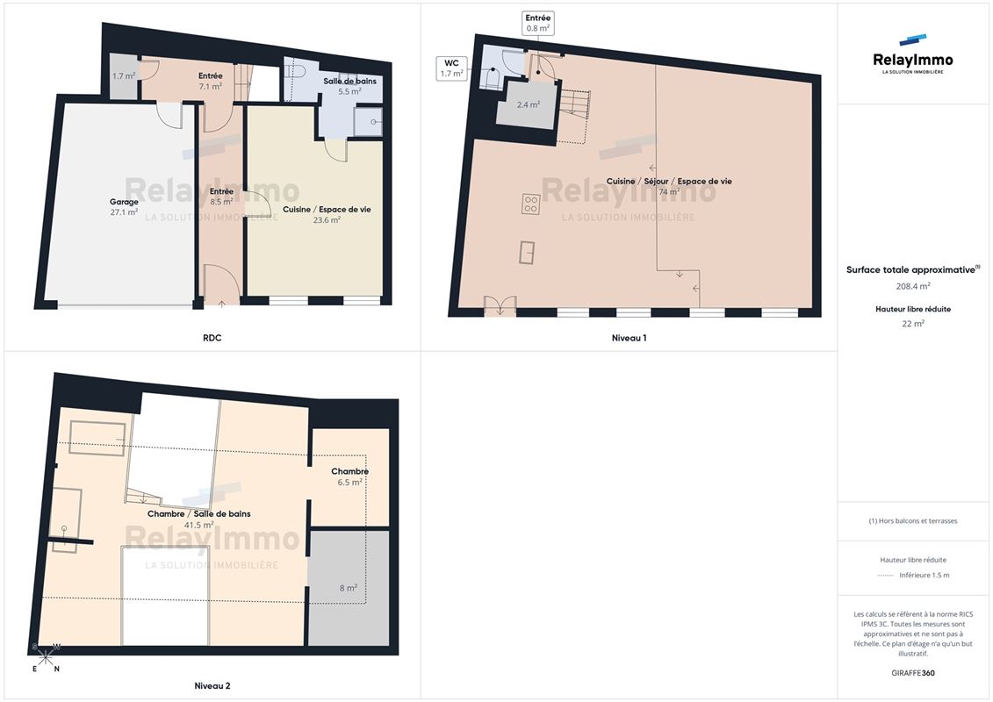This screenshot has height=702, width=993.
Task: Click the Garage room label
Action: pos(124,202)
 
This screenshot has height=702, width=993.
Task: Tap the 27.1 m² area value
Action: pos(124,212)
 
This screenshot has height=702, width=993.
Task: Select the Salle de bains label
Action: pos(349,81)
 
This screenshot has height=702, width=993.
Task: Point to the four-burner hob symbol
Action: pos(530,204)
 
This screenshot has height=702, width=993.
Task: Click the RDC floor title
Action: pos(212,338)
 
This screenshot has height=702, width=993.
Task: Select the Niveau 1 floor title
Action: pos(629,338)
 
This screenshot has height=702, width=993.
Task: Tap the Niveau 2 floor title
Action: pos(212,686)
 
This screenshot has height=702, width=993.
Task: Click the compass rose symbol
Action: pos(46,658)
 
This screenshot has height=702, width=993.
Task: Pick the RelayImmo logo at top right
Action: pos(912,54)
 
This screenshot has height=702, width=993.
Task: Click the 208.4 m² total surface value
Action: pos(912,286)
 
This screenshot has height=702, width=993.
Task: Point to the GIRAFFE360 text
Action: pos(912,673)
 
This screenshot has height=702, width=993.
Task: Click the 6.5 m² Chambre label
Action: pos(349,476)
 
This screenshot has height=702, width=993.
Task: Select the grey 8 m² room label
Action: pos(349,588)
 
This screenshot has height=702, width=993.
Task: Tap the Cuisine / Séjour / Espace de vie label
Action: pos(669,181)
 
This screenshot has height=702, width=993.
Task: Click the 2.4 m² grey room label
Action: pos(529,104)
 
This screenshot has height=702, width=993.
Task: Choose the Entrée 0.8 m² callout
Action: pos(537,23)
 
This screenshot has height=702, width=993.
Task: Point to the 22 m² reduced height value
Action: pos(912,324)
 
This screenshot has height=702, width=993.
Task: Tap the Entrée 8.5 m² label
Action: pos(221,197)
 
